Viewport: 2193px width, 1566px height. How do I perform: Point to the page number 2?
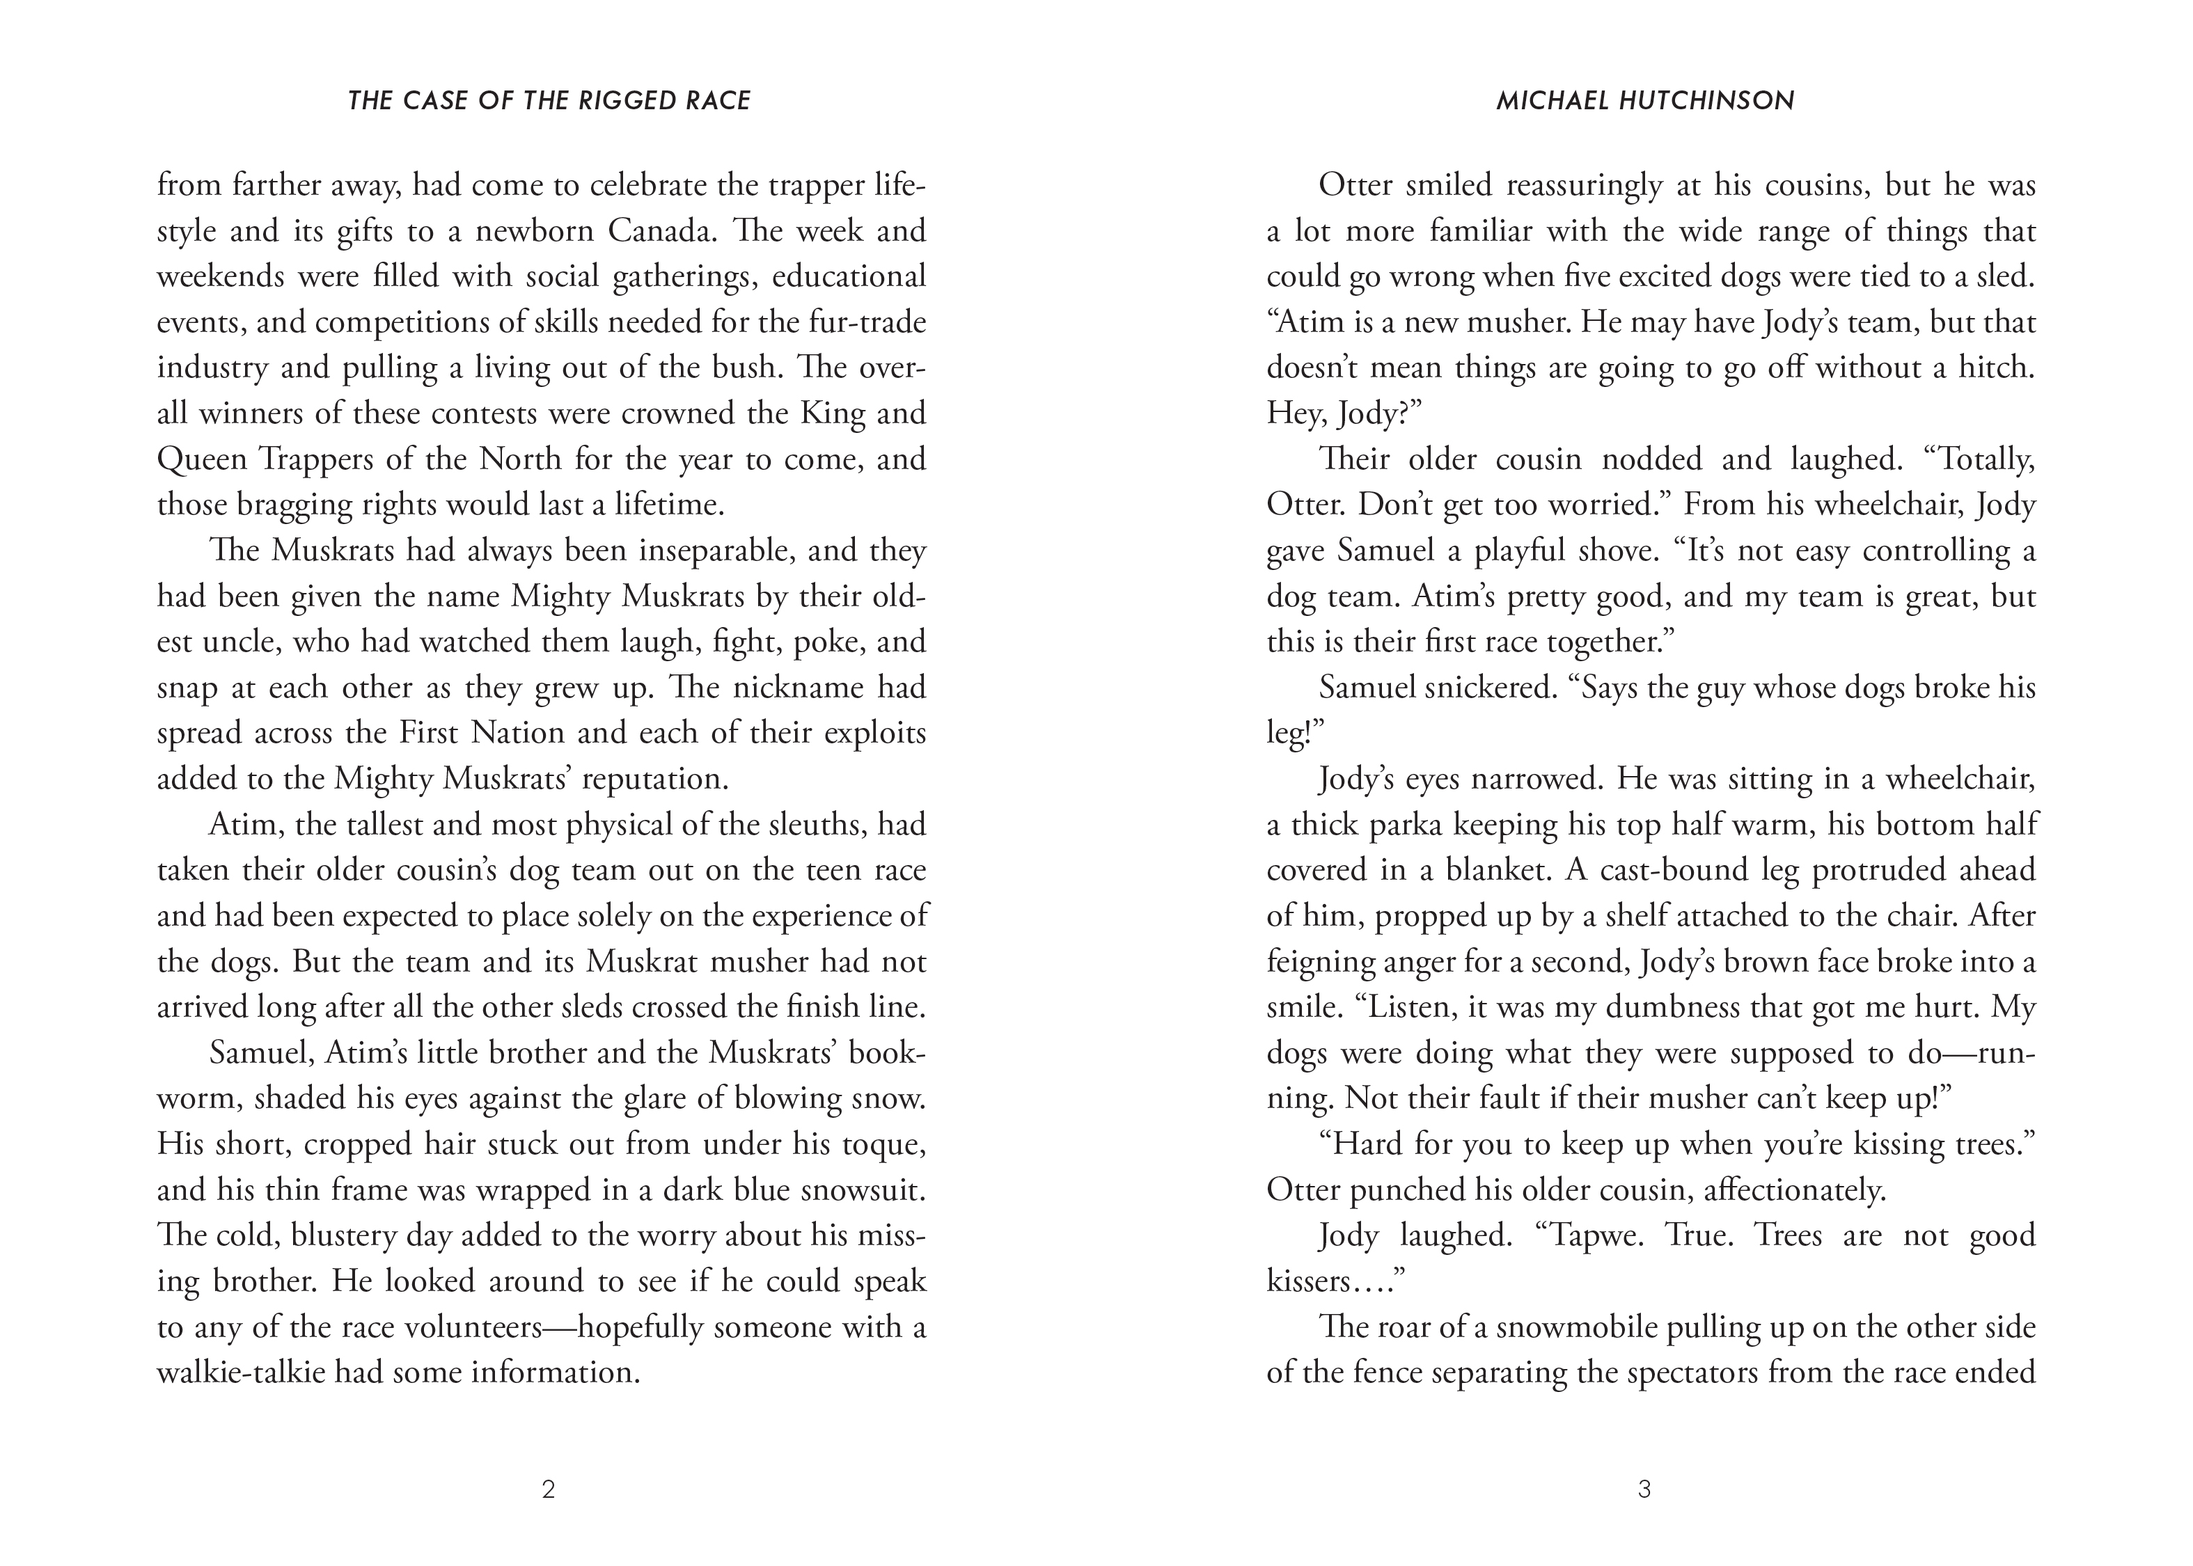pyautogui.click(x=549, y=1490)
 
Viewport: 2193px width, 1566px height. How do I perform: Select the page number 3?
pyautogui.click(x=1645, y=1490)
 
